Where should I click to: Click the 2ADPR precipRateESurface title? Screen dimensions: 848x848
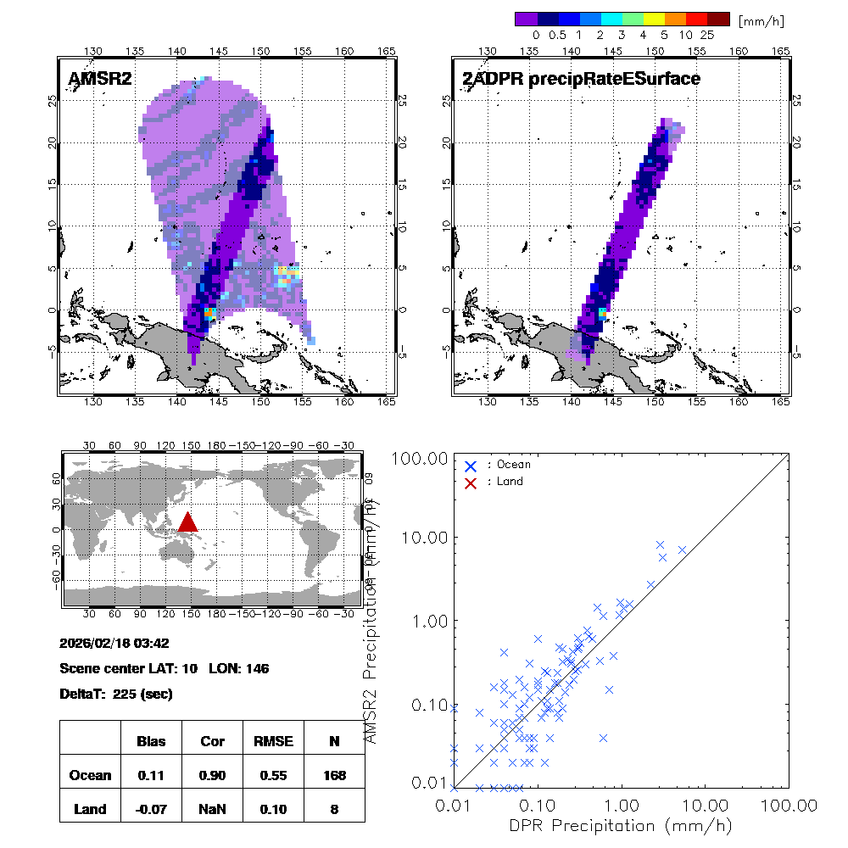click(581, 80)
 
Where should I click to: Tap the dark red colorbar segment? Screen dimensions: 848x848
click(718, 19)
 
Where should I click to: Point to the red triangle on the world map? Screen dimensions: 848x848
click(188, 522)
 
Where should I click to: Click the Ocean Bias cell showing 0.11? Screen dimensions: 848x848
click(151, 775)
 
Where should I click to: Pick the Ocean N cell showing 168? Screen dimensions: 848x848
click(334, 775)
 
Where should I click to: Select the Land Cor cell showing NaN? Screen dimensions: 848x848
click(212, 809)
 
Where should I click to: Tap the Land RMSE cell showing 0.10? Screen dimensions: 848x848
click(273, 809)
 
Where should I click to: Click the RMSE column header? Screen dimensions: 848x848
click(273, 741)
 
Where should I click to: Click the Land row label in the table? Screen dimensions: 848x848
click(90, 809)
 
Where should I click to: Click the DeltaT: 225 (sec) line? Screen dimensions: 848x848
click(116, 694)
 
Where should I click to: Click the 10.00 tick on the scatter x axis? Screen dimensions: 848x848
click(706, 804)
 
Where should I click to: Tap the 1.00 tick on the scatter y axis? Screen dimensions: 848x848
click(429, 621)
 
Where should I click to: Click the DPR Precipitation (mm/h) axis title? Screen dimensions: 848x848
click(621, 825)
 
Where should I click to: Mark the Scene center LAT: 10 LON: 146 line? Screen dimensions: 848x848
click(165, 668)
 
